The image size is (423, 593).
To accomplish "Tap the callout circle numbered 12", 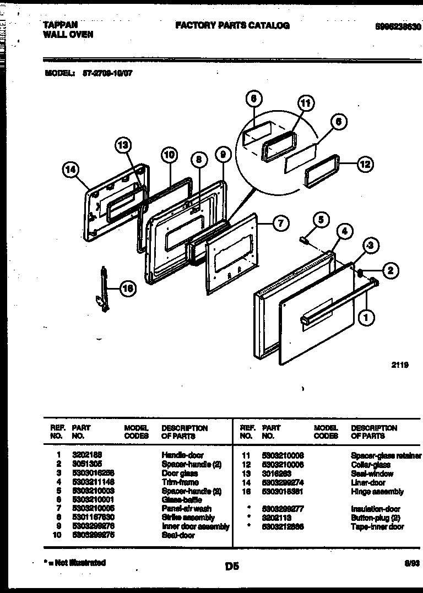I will coord(364,164).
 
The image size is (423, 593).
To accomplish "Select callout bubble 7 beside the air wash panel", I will coord(280,223).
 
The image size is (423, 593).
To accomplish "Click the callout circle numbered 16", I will coord(127,288).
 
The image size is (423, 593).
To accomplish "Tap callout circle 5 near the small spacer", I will coord(321,220).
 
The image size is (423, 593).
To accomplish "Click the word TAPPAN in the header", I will coord(60,25).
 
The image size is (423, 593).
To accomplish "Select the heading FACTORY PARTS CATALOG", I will coord(232,25).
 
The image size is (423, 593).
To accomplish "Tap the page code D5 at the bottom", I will coord(232,565).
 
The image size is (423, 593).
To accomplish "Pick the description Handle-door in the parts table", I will coord(182,455).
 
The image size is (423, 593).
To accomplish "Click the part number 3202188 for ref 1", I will coord(88,455).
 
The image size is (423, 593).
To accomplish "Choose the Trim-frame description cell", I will coord(180,482).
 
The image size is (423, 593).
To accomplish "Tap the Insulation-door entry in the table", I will coord(375,509).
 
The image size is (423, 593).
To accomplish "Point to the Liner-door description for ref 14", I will coord(368,482).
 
